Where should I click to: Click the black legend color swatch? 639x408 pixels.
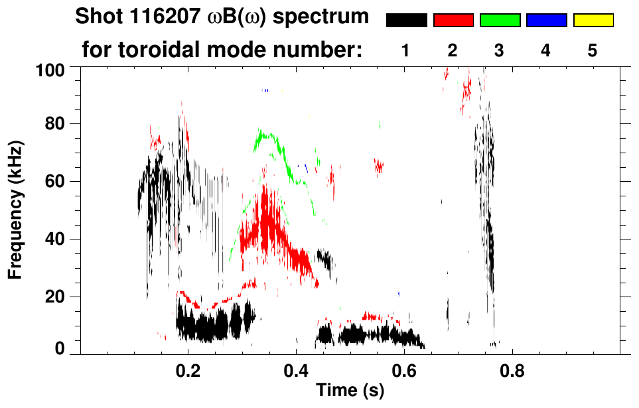[x=407, y=21]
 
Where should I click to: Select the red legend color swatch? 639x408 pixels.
[x=453, y=21]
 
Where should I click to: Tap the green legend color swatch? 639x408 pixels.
[x=500, y=21]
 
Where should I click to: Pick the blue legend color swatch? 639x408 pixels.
[x=547, y=21]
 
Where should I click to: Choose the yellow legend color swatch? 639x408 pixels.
[x=593, y=21]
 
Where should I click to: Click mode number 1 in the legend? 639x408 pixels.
[x=405, y=51]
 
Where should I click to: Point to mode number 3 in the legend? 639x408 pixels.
[x=499, y=51]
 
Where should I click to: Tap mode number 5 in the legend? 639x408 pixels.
[x=593, y=51]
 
